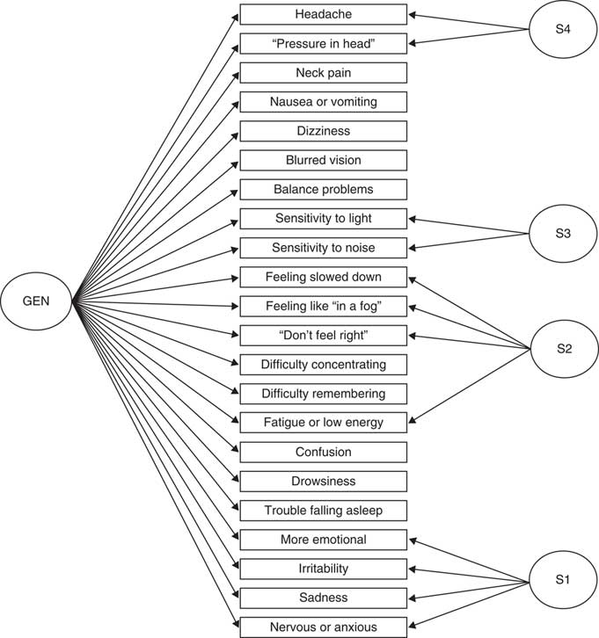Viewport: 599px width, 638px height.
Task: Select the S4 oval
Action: coord(564,28)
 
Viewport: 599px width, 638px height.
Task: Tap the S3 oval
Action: coord(564,233)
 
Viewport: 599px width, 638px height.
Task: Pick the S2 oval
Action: coord(564,349)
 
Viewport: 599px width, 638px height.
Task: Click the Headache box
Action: coord(323,14)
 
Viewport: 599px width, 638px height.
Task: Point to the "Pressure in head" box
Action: coord(323,43)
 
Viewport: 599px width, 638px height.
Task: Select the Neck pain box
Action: coord(323,72)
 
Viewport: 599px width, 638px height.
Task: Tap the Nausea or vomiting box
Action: coord(323,102)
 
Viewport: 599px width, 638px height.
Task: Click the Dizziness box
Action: coord(323,131)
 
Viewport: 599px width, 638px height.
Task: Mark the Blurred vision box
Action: coord(323,160)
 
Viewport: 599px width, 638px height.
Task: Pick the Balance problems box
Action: coord(323,189)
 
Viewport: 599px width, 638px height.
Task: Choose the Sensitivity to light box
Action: coord(323,218)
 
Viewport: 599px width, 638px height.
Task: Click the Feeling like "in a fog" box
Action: coord(323,306)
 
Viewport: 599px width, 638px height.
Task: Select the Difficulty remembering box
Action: coord(323,393)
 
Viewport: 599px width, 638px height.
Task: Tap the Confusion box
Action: coord(323,452)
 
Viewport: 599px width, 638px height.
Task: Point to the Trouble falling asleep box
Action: coord(323,510)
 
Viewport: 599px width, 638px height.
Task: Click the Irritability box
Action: coord(323,568)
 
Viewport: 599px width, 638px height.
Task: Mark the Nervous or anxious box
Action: coord(323,627)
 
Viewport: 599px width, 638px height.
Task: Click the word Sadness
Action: coord(323,598)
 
